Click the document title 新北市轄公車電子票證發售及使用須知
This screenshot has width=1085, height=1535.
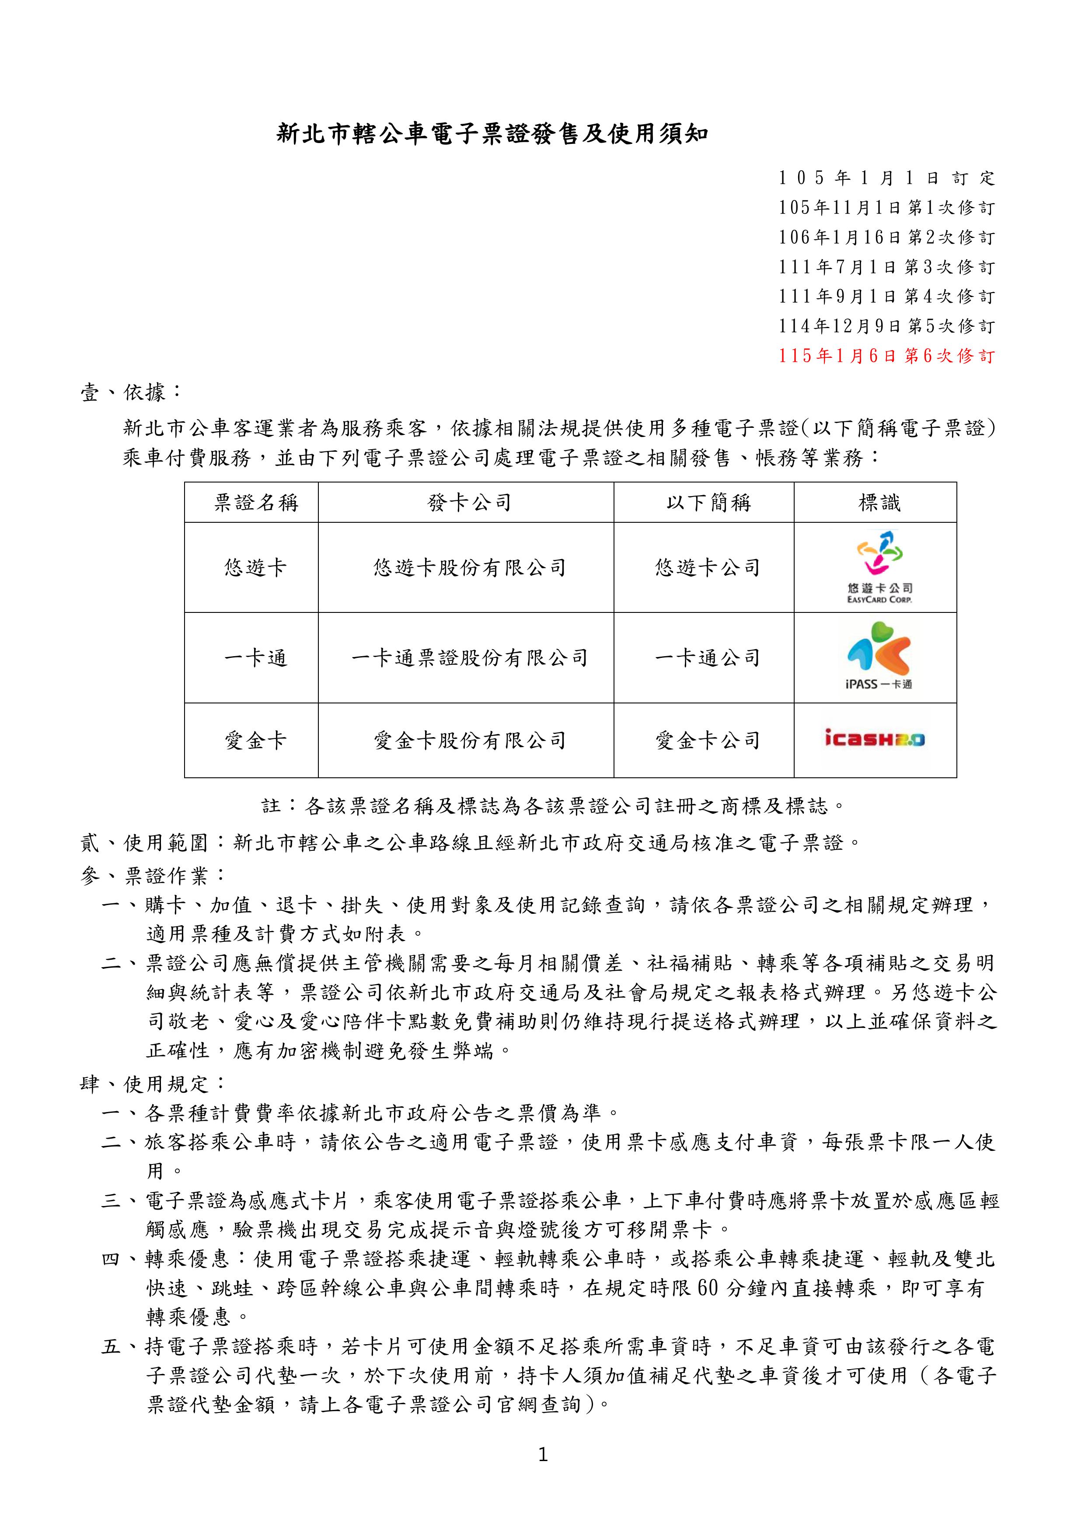pos(493,134)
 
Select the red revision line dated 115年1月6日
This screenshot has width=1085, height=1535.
pos(886,356)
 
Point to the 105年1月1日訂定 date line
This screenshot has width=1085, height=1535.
pos(886,178)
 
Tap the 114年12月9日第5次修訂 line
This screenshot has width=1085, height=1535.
pos(886,326)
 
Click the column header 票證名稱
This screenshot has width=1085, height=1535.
pos(256,503)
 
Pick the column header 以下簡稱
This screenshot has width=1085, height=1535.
pos(708,503)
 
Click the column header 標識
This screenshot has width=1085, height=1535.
pos(879,503)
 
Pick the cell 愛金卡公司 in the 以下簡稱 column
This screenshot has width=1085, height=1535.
pos(708,741)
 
